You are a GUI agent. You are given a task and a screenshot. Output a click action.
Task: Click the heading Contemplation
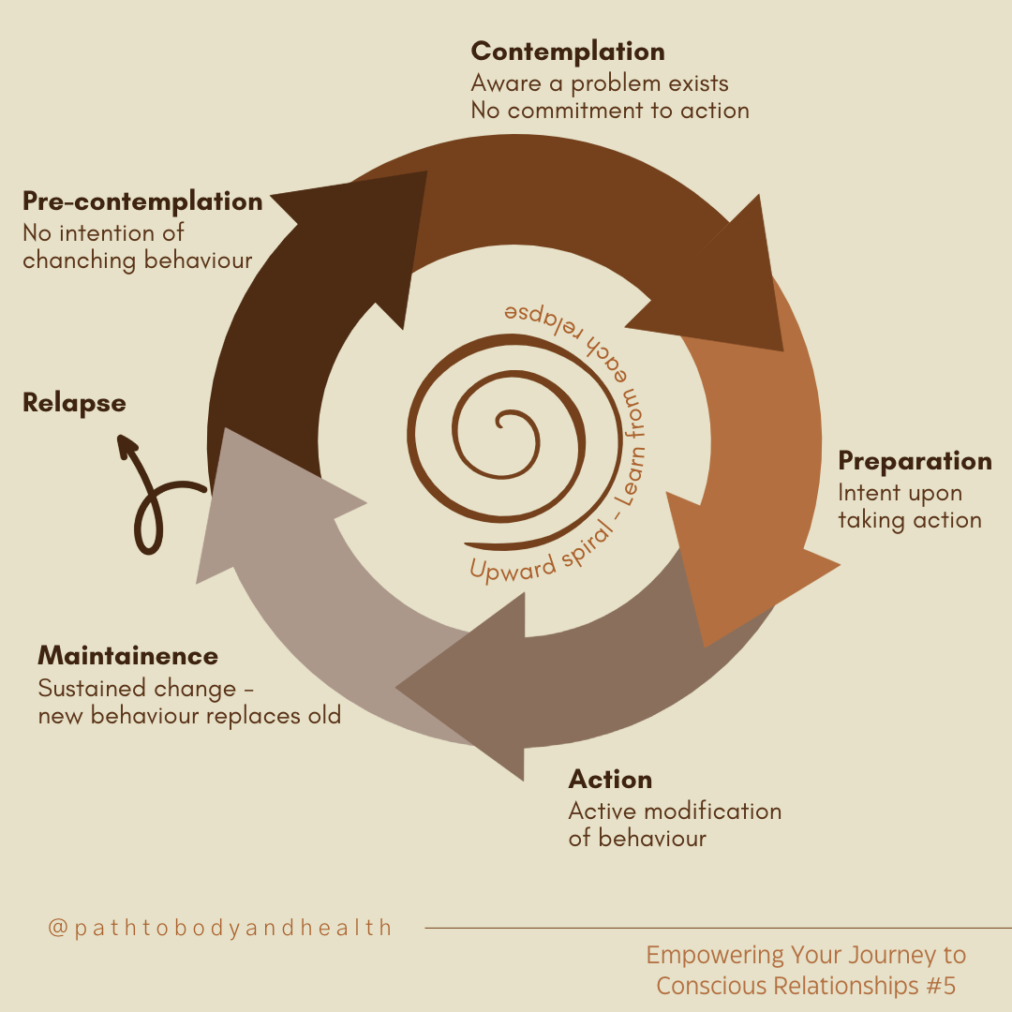tap(568, 52)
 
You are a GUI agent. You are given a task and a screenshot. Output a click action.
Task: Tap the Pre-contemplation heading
tap(142, 201)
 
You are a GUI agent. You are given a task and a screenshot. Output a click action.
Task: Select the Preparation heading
tap(915, 461)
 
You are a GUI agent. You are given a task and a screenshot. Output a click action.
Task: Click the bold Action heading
tap(610, 780)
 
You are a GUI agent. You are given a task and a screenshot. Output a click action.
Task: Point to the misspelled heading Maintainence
tap(127, 655)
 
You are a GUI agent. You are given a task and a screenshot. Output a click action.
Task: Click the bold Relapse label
tap(74, 403)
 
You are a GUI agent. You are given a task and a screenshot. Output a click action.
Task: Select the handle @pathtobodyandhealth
tap(220, 928)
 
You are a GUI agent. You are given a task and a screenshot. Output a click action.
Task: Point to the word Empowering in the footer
tap(715, 956)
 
